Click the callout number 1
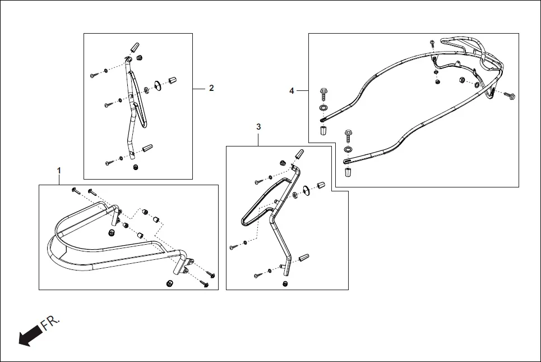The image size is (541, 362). point(59,169)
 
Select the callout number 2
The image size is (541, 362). point(211,88)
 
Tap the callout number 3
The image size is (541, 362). point(258,127)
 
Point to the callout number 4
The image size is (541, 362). point(292,90)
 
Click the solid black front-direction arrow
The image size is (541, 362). point(29,336)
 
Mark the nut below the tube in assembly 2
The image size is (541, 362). point(135,167)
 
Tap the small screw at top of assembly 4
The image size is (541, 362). point(432,43)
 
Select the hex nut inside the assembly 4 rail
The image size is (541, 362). point(462,80)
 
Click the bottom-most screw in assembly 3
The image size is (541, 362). point(257,275)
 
